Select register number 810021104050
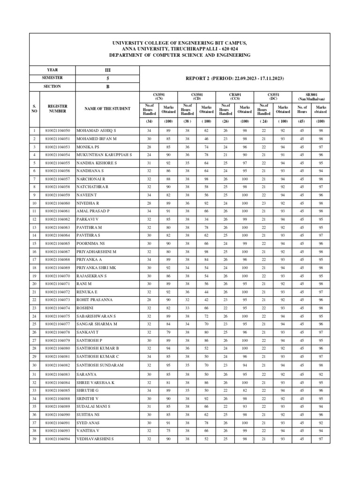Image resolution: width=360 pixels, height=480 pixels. (x=58, y=130)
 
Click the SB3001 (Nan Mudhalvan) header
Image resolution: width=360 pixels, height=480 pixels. (x=311, y=96)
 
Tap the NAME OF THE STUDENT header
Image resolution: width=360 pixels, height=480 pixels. (x=107, y=109)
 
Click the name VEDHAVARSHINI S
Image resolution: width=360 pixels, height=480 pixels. (x=96, y=439)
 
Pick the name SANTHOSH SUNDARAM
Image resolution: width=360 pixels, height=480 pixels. (x=100, y=365)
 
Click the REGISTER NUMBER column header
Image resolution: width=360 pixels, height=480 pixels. (x=58, y=109)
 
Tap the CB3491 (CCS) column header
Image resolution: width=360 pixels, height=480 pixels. (x=234, y=96)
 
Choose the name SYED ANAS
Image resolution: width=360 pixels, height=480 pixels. (x=88, y=422)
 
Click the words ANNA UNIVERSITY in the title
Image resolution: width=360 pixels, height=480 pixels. (x=143, y=49)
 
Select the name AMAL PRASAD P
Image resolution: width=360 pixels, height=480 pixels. (x=92, y=211)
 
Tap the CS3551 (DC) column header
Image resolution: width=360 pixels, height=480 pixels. (x=273, y=96)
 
